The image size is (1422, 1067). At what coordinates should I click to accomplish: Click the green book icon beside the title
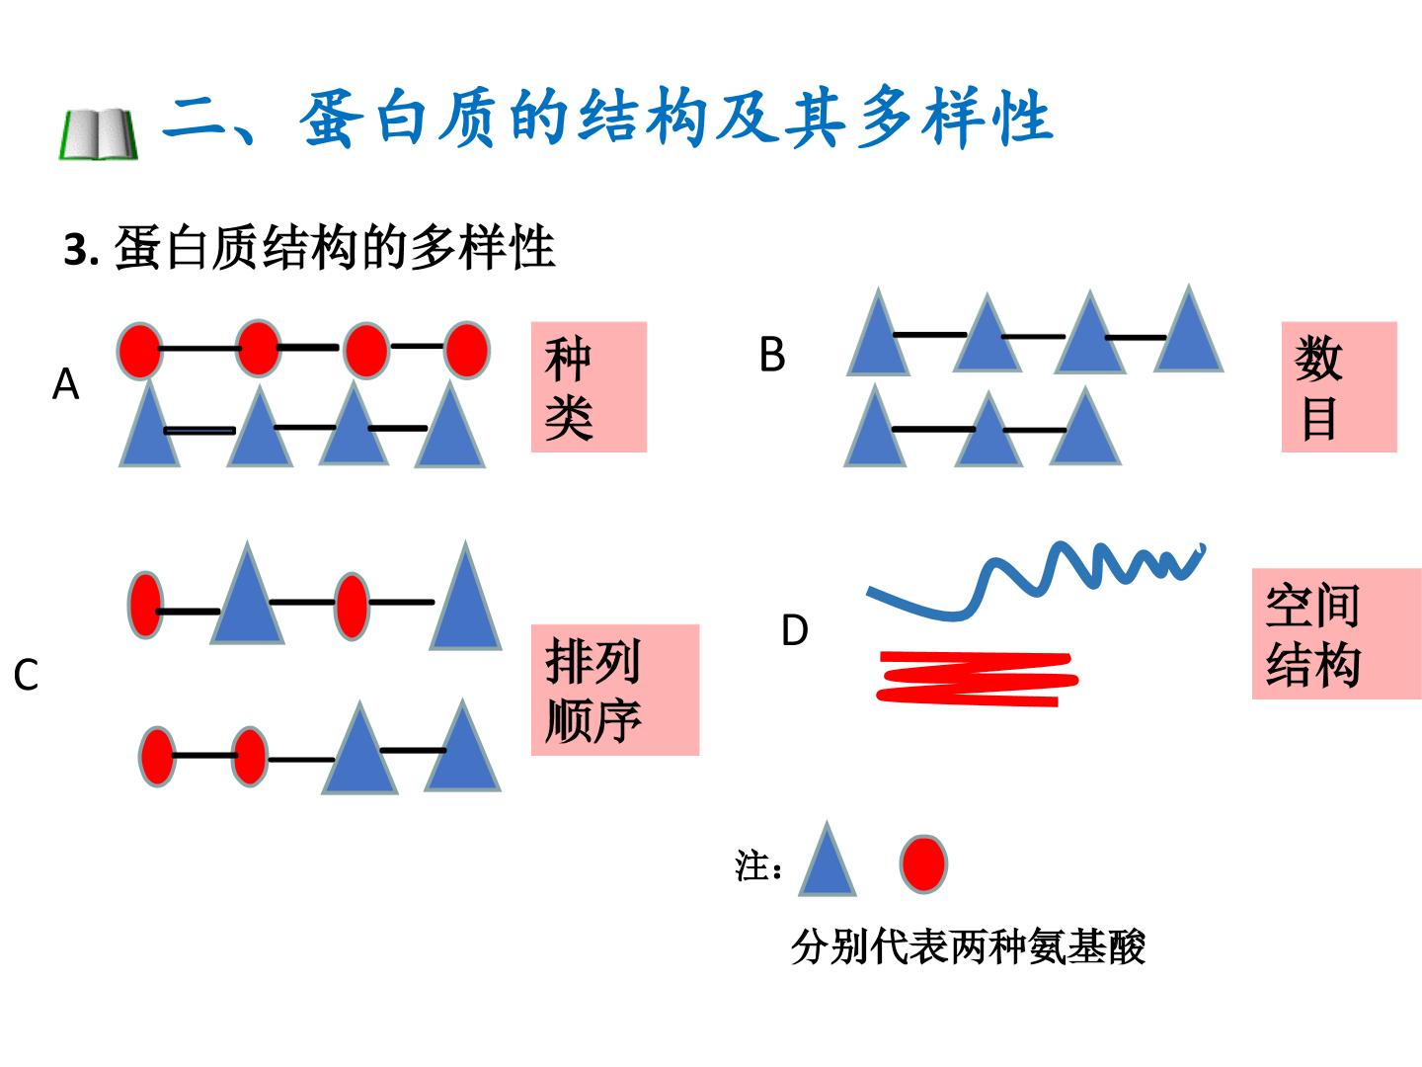(x=99, y=134)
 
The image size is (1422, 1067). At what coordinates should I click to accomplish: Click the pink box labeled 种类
(x=589, y=386)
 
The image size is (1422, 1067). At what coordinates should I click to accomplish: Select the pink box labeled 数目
(x=1339, y=386)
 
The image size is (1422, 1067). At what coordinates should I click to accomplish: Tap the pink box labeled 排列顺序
(x=615, y=690)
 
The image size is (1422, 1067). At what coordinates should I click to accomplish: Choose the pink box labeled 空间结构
(x=1336, y=633)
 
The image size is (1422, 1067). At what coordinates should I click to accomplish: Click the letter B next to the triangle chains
(x=772, y=355)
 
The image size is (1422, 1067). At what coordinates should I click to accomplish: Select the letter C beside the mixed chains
(x=26, y=675)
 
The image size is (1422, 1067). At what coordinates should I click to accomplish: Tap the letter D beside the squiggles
(x=795, y=629)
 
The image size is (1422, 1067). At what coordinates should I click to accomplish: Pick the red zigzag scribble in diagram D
(x=977, y=679)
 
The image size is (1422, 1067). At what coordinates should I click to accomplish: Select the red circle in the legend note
(x=923, y=863)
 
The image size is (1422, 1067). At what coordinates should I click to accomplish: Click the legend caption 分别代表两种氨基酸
(x=969, y=947)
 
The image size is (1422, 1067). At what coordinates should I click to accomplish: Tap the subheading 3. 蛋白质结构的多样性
(x=309, y=247)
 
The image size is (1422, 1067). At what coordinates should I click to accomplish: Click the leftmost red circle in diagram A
(x=139, y=351)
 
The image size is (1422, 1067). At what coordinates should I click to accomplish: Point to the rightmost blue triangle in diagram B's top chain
(x=1189, y=331)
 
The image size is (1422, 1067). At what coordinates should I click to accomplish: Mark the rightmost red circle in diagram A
(x=466, y=350)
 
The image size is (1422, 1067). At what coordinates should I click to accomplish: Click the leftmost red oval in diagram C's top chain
(x=145, y=605)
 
